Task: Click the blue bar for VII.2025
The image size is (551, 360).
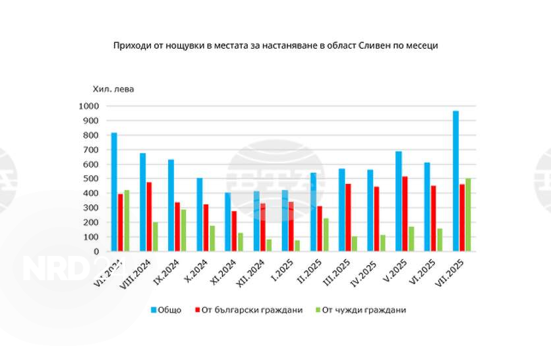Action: (455, 181)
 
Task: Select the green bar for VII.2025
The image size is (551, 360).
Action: (469, 215)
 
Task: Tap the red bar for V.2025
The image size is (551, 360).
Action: (405, 214)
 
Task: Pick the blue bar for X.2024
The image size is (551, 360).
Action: (200, 215)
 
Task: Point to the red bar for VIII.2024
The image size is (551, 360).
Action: (150, 217)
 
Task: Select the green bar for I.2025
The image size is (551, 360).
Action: (297, 246)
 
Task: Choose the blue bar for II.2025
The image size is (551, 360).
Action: (313, 212)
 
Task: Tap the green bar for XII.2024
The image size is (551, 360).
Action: (269, 245)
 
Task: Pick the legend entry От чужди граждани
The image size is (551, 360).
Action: (362, 310)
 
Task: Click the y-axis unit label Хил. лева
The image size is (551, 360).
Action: (113, 89)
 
